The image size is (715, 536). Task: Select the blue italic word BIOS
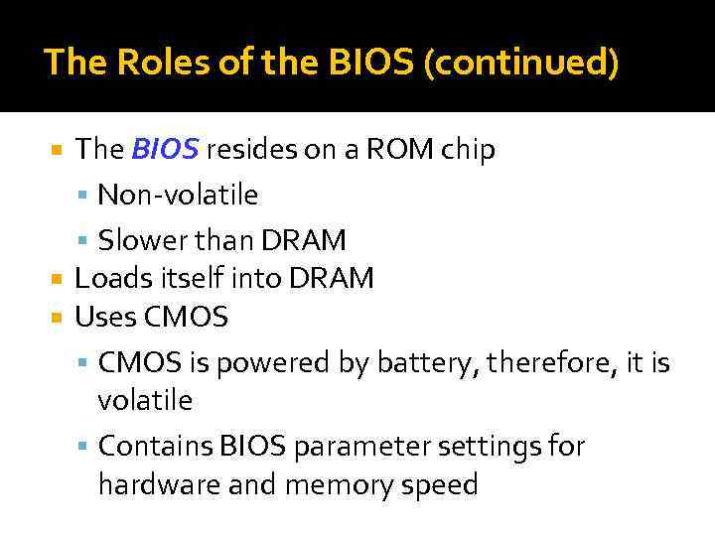[x=166, y=150]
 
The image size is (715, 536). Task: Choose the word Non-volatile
[x=178, y=195]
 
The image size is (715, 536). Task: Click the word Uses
[x=105, y=318]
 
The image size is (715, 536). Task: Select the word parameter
[x=365, y=447]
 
